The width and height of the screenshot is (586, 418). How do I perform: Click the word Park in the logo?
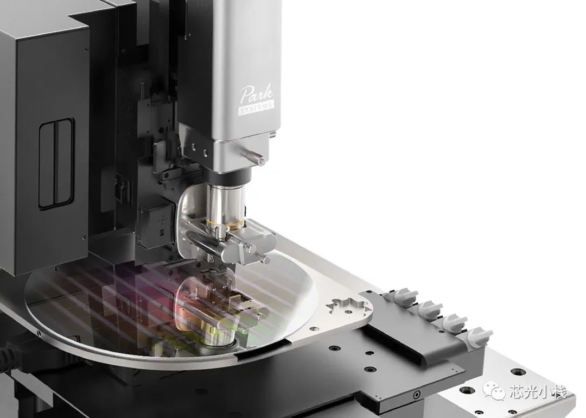pyautogui.click(x=256, y=95)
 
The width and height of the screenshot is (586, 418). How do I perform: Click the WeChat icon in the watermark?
pyautogui.click(x=494, y=391)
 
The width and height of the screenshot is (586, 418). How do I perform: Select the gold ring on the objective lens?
pyautogui.click(x=225, y=223)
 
